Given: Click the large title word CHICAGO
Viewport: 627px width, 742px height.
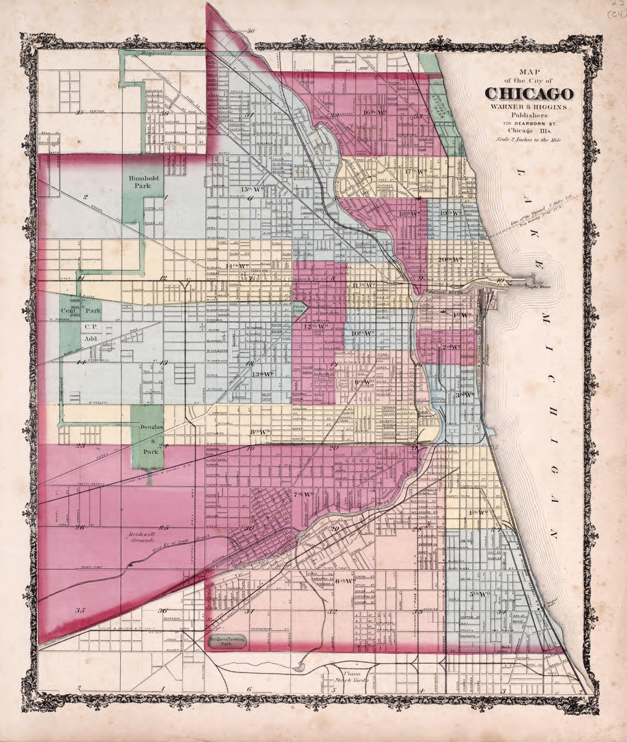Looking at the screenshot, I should point(529,93).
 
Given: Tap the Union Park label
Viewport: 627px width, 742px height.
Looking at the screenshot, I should point(299,308).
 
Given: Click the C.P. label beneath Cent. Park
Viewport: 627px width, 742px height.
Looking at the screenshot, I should point(88,327).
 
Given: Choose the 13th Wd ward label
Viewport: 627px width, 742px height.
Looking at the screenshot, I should point(263,374).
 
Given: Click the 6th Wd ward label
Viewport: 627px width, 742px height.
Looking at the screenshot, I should point(345,581).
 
